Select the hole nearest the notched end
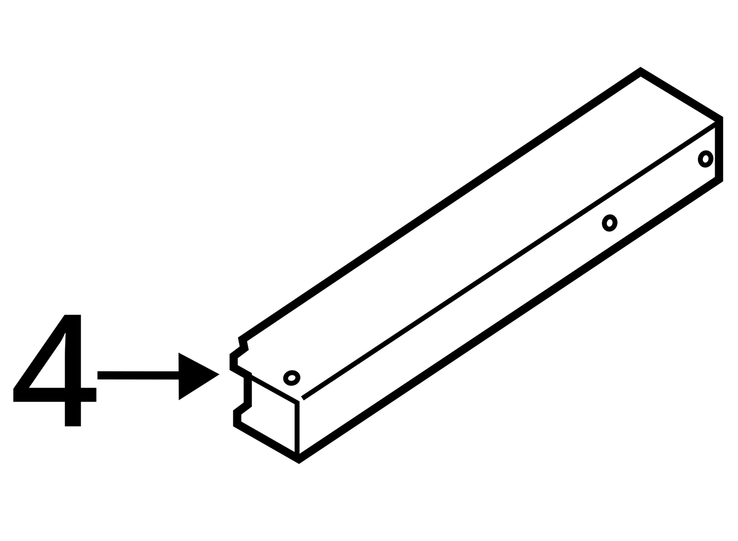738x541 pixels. [x=292, y=378]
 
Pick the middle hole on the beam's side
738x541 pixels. [x=609, y=223]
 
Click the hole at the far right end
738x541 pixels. [x=706, y=159]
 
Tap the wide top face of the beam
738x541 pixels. [x=478, y=231]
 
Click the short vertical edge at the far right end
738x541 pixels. [x=720, y=150]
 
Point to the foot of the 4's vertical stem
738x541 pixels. [x=73, y=426]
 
